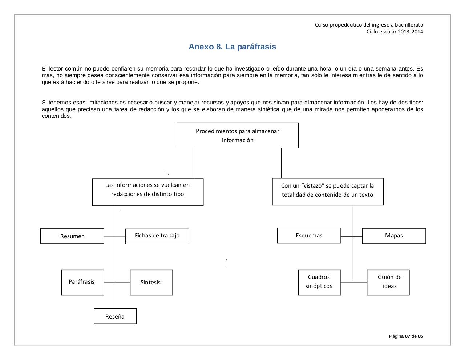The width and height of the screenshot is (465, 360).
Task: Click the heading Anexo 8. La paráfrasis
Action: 232,47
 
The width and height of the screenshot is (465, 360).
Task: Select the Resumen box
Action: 72,236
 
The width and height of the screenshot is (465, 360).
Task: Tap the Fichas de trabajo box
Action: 157,236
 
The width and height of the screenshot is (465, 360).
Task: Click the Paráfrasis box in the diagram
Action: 82,282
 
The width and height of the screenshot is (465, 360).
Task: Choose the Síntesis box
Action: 151,282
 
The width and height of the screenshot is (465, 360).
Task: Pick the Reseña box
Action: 115,316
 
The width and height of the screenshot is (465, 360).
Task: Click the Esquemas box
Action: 309,236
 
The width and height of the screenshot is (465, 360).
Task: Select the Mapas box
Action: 394,236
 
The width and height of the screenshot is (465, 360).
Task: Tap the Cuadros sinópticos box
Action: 319,282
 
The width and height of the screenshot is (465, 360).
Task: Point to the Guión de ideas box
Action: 388,282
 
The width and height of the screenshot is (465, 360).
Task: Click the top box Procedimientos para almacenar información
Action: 238,135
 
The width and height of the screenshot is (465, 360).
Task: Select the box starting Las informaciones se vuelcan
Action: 147,192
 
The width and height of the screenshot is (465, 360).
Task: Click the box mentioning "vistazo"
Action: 328,191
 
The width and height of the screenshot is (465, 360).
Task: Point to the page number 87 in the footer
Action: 407,336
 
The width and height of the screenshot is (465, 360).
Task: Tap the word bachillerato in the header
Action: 409,25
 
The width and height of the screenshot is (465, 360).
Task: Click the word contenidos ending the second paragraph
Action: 56,116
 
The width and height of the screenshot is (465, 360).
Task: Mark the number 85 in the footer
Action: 420,336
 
